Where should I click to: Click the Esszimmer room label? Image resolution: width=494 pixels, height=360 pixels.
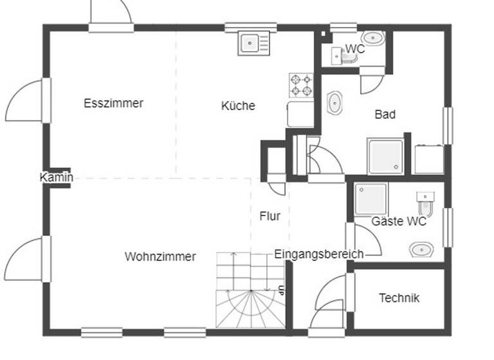click(114, 103)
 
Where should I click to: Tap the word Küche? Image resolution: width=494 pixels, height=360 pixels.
click(238, 106)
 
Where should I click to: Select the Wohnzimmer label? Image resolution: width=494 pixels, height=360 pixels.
click(160, 256)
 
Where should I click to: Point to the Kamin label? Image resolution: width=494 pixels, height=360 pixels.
click(56, 177)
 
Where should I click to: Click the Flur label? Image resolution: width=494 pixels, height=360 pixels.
click(270, 217)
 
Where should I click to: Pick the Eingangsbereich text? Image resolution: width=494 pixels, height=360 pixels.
click(318, 254)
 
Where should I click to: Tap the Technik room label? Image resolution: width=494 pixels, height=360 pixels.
click(399, 298)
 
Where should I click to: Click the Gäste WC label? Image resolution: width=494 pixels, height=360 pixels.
click(399, 222)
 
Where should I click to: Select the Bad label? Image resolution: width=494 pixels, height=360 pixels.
click(385, 114)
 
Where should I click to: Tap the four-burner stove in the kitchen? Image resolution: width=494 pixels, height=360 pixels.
click(301, 85)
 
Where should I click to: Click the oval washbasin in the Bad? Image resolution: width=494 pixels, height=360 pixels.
click(335, 103)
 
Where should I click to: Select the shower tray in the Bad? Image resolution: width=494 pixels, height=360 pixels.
click(385, 156)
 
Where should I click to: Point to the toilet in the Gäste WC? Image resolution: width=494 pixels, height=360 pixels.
click(425, 204)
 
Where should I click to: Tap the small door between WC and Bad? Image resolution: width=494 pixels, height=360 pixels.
click(372, 82)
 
